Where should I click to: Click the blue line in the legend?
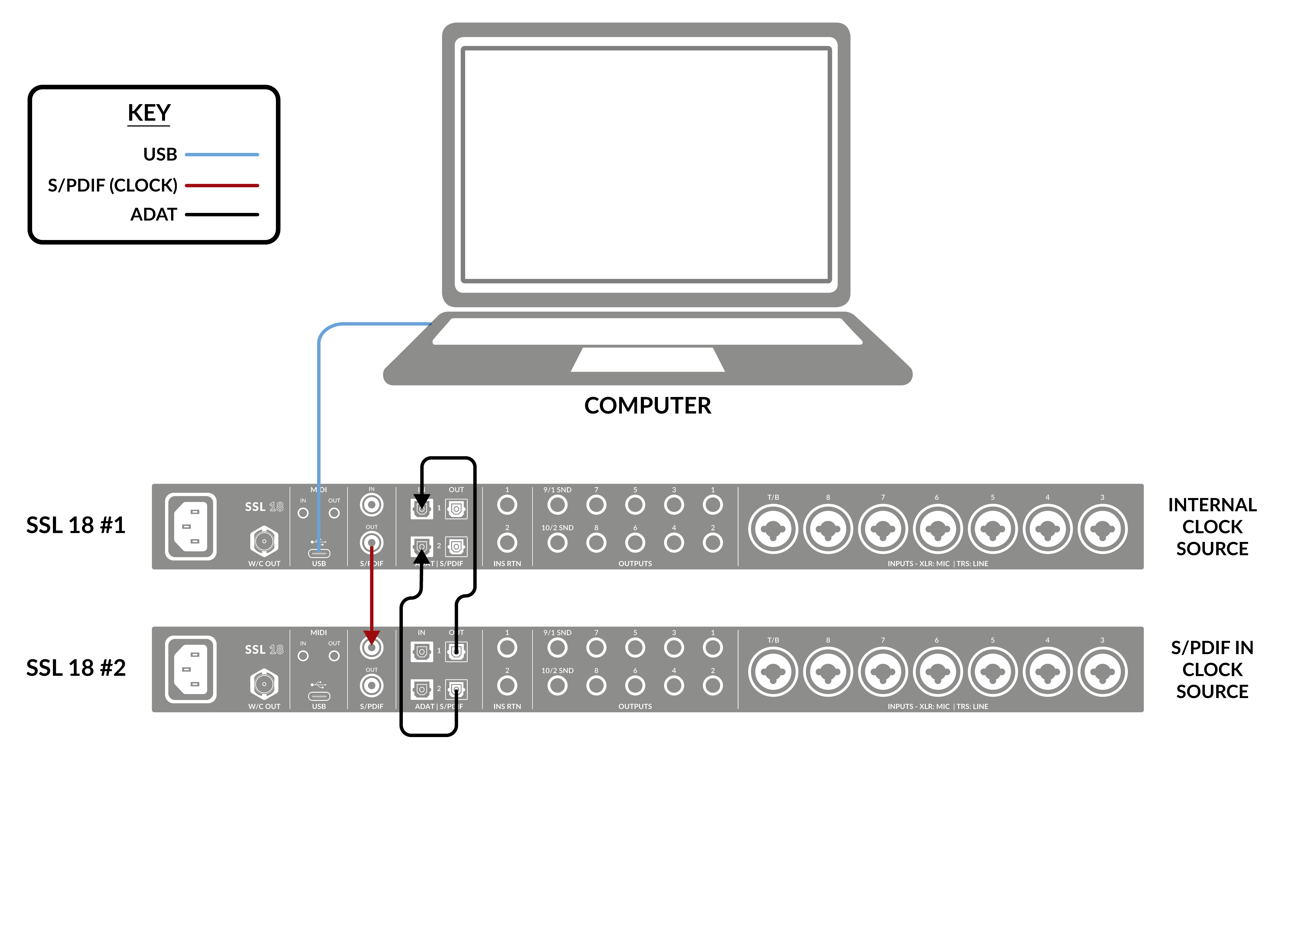pyautogui.click(x=222, y=154)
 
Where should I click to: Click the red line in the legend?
pyautogui.click(x=222, y=185)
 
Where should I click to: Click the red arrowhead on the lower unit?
pyautogui.click(x=372, y=637)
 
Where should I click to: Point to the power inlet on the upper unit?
pyautogui.click(x=191, y=526)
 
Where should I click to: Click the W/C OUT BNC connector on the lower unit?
pyautogui.click(x=264, y=684)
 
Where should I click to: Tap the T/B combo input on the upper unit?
pyautogui.click(x=773, y=529)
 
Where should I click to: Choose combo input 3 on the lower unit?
pyautogui.click(x=1102, y=672)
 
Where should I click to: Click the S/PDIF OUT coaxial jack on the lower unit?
pyautogui.click(x=372, y=686)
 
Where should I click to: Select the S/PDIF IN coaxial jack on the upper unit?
pyautogui.click(x=372, y=505)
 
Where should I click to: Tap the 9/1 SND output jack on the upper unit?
pyautogui.click(x=557, y=505)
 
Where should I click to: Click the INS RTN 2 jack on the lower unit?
pyautogui.click(x=507, y=686)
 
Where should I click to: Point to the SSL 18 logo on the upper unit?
pyautogui.click(x=264, y=506)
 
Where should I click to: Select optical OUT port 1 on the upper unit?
pyautogui.click(x=456, y=509)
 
